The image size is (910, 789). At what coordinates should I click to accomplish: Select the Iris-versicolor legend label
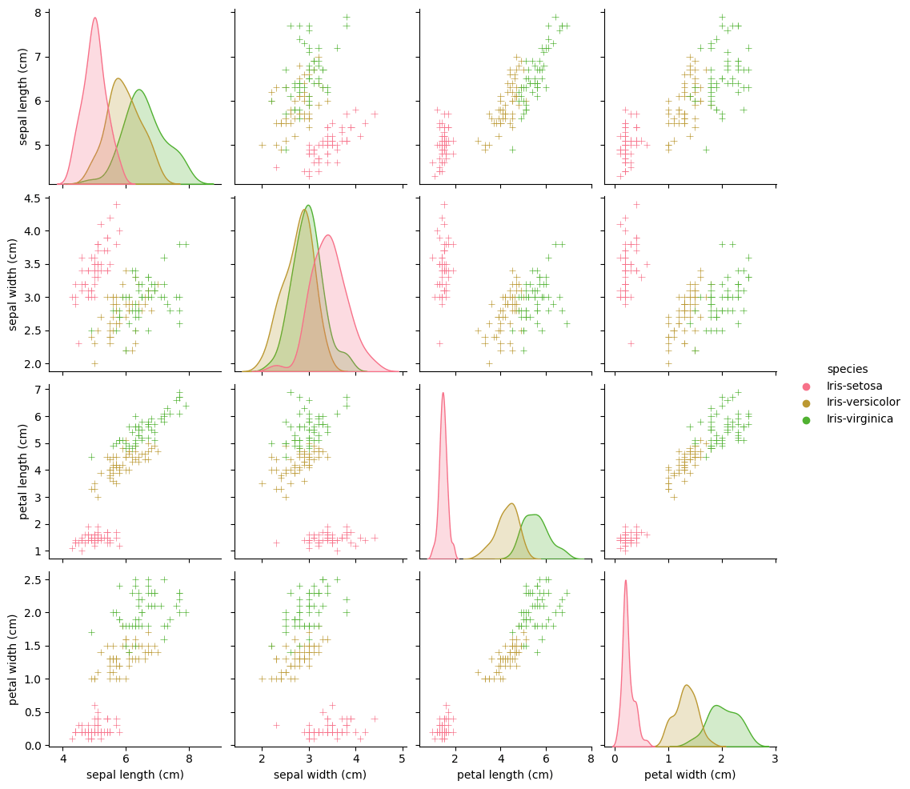[864, 403]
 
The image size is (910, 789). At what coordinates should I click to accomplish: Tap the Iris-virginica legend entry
[860, 419]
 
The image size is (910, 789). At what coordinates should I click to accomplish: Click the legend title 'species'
[847, 369]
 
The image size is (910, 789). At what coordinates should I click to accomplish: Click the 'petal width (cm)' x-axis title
[690, 775]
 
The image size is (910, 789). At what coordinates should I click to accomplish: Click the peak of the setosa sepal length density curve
[94, 18]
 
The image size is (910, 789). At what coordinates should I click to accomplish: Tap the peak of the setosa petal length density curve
[443, 393]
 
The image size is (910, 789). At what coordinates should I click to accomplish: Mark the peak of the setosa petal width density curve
[625, 581]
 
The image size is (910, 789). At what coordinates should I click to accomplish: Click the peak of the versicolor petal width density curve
[687, 685]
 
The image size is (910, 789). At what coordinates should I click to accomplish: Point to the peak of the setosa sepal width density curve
[327, 235]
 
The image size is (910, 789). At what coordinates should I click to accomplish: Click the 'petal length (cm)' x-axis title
[504, 775]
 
